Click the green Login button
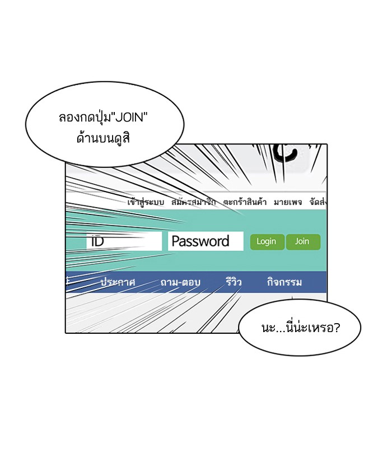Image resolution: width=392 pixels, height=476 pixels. coord(267,242)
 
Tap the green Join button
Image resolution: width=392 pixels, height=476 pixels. coord(302,242)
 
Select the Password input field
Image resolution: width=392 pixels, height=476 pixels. coord(206,241)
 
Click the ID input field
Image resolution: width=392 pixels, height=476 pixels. coord(124,241)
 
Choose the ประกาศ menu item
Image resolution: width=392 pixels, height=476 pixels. coord(118,282)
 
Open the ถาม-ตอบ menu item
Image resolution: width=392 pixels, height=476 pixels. coord(180,282)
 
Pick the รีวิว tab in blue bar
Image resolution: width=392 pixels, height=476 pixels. coord(234,282)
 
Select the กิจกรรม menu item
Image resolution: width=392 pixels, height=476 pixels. coord(284,282)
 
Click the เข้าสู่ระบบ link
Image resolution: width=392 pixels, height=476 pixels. coord(146,202)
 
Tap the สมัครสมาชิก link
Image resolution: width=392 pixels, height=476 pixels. coord(193,202)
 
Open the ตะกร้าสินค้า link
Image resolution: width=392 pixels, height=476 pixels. coord(244,202)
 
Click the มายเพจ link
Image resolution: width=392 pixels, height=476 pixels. coord(288,202)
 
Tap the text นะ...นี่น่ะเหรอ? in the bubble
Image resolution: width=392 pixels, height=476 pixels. coord(300,328)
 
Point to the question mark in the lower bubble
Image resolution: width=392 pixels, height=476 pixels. coord(335,328)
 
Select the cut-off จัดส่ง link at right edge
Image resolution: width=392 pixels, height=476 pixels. coord(318,202)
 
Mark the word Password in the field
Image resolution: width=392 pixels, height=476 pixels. coord(200,241)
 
